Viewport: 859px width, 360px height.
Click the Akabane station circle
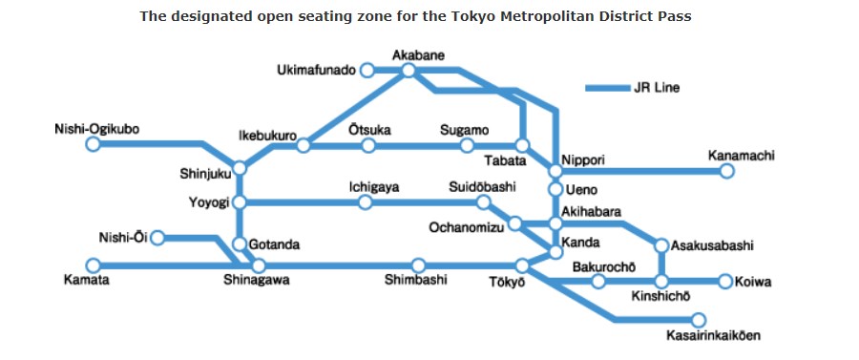click(x=409, y=70)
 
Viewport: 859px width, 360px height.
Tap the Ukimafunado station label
click(x=316, y=70)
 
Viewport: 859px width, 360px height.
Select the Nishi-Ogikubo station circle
click(x=93, y=144)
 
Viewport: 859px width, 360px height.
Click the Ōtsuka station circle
click(x=369, y=145)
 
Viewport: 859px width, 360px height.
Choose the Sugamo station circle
click(x=467, y=145)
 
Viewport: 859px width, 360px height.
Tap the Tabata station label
click(x=506, y=160)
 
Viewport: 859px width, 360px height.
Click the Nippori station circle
click(x=555, y=171)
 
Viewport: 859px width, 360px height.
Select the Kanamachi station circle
click(x=726, y=171)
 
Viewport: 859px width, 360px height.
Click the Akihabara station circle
click(x=555, y=223)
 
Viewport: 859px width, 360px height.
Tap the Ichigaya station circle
click(x=365, y=202)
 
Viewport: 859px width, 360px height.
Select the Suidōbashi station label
click(x=482, y=187)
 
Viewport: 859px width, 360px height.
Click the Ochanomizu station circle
click(x=514, y=223)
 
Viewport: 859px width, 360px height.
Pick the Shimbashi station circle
click(x=418, y=265)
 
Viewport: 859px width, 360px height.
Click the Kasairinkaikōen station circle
click(x=699, y=320)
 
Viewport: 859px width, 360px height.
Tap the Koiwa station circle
click(x=725, y=281)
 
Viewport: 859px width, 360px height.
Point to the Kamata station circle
click(x=93, y=265)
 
